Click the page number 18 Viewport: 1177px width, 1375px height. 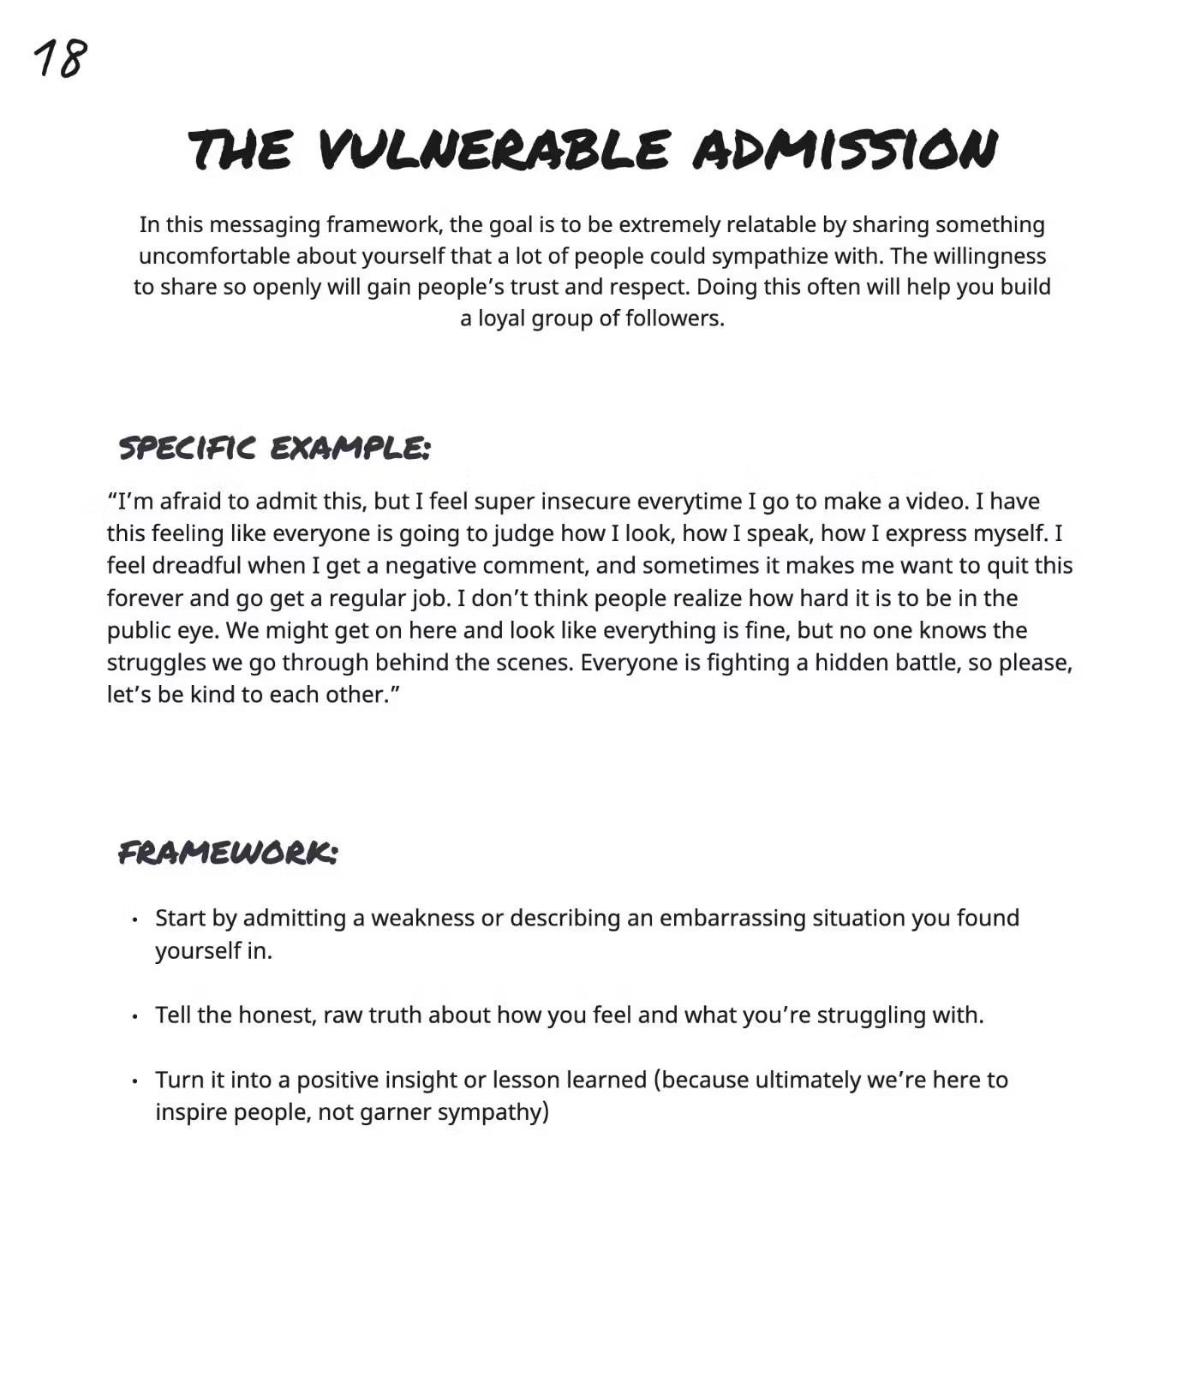[x=60, y=59]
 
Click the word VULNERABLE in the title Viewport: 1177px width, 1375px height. [x=493, y=150]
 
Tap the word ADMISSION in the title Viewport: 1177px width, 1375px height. [x=845, y=150]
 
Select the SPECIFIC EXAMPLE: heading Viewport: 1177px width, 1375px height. [x=274, y=448]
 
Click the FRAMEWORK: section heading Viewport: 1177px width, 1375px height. [x=228, y=853]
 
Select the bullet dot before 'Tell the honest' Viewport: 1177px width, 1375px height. [x=135, y=1017]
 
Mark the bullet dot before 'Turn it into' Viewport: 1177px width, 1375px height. [x=135, y=1081]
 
